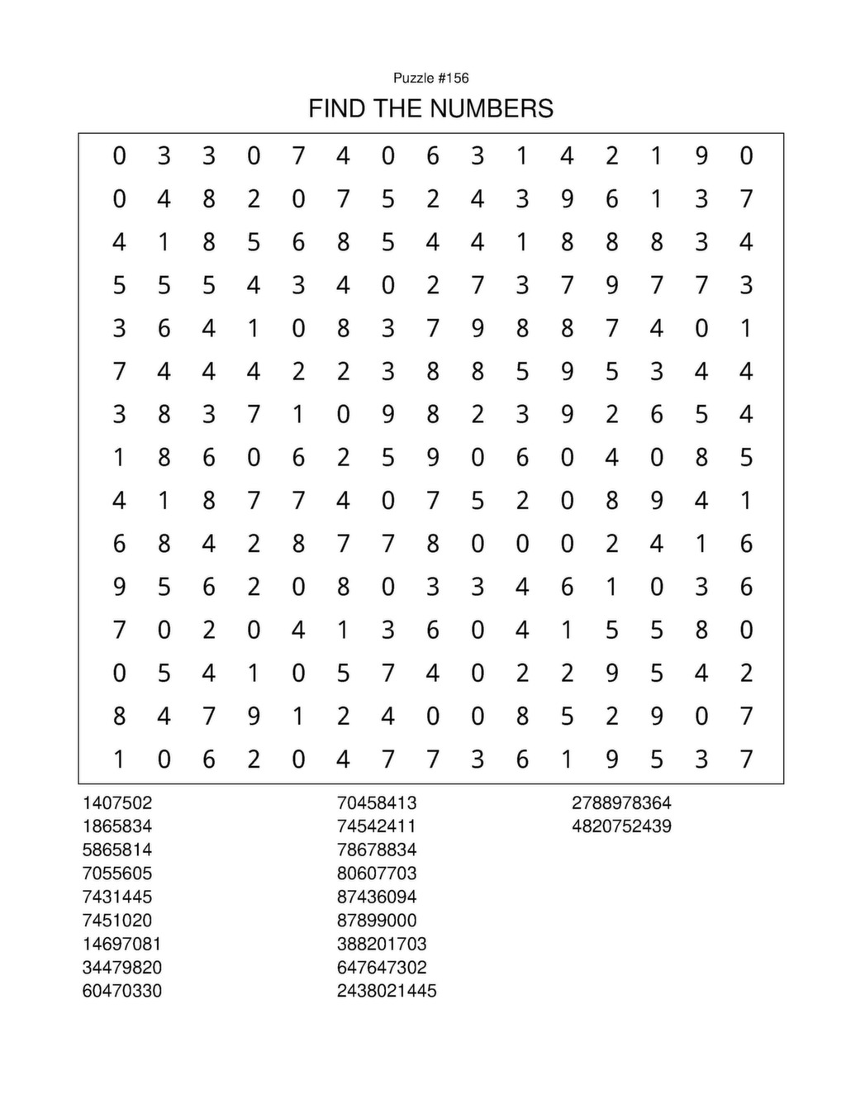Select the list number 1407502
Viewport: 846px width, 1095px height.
click(117, 803)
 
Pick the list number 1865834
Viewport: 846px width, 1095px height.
click(117, 826)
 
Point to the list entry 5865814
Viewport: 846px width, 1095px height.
click(117, 850)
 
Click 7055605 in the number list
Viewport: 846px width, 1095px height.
click(117, 874)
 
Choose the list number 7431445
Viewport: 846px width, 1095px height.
click(117, 897)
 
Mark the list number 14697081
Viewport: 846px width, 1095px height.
click(121, 945)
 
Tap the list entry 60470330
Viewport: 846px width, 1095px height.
click(121, 992)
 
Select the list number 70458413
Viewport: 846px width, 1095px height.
click(377, 803)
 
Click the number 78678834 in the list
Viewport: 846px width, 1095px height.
click(377, 850)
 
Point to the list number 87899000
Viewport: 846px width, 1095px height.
click(377, 921)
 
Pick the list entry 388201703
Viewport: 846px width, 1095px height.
click(382, 945)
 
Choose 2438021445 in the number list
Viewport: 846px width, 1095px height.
click(387, 992)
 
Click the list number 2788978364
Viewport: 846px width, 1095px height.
click(621, 803)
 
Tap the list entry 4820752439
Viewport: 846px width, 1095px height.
click(621, 826)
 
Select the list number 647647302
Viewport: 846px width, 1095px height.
click(382, 968)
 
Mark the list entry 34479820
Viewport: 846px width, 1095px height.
click(121, 968)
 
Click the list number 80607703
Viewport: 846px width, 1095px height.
click(377, 874)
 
